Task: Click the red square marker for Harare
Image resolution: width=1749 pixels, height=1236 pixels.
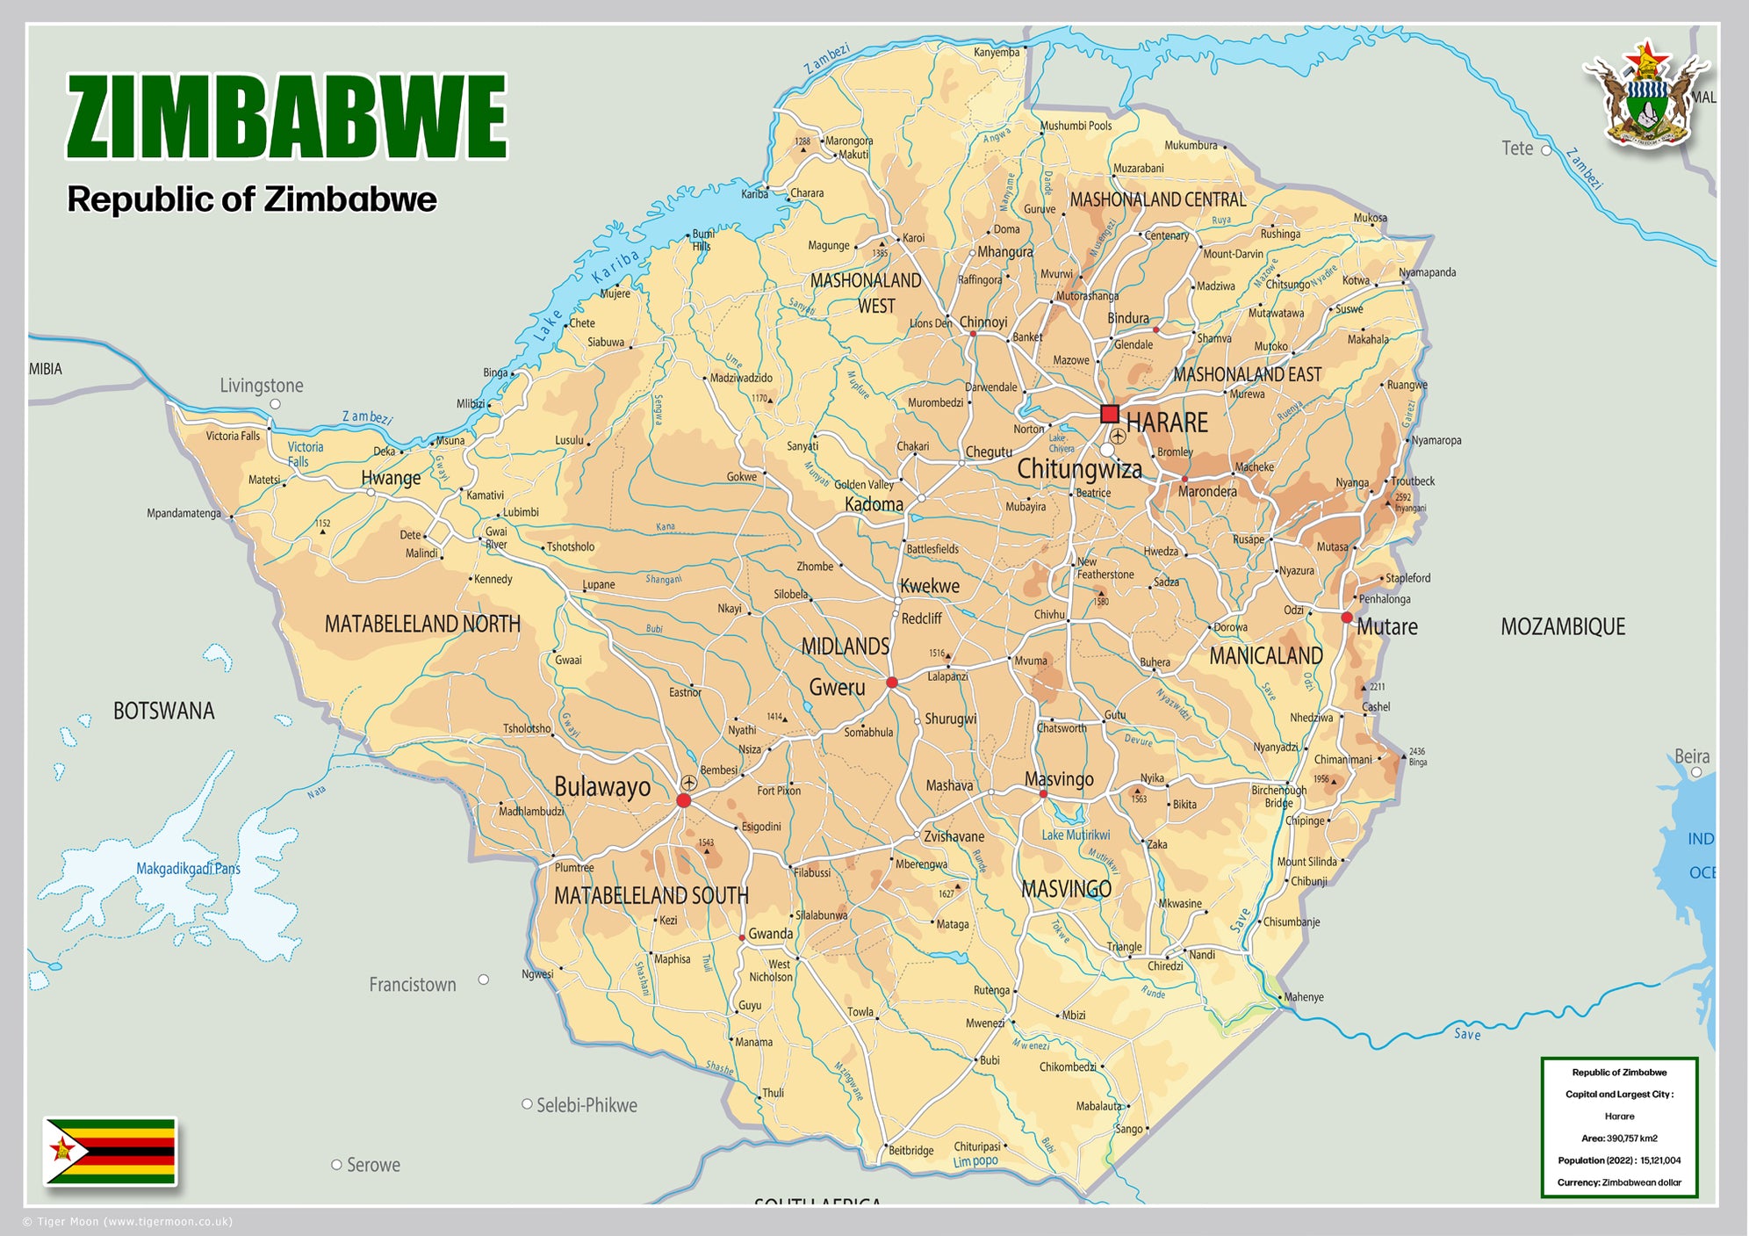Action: tap(1110, 414)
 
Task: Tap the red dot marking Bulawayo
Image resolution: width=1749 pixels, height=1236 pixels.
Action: tap(684, 800)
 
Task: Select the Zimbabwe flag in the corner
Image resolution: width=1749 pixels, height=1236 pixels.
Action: tap(111, 1151)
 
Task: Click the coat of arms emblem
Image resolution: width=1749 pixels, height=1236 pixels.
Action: tap(1645, 94)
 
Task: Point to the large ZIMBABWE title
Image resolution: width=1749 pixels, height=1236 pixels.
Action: tap(286, 117)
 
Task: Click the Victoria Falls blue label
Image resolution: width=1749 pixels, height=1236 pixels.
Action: tap(305, 453)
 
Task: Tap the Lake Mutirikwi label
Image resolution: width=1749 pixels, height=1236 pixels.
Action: tap(1076, 835)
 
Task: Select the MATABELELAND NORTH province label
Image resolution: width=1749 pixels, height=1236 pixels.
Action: tap(422, 624)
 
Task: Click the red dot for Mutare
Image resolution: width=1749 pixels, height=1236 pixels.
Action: tap(1347, 618)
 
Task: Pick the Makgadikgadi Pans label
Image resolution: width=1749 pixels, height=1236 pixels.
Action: tap(188, 869)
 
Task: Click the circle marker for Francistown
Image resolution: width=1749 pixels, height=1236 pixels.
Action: tap(484, 979)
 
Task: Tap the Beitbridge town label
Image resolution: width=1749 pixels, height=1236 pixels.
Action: tap(911, 1150)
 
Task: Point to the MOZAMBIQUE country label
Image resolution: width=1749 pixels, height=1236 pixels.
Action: tap(1562, 626)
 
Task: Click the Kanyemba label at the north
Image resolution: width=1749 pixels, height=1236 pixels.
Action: tap(997, 53)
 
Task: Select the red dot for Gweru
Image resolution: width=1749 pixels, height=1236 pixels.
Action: tap(892, 683)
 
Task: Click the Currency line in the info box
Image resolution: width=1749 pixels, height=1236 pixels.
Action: tap(1619, 1182)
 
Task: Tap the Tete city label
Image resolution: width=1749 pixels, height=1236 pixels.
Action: tap(1516, 148)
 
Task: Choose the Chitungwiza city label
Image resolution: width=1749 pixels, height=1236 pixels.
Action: tap(1079, 469)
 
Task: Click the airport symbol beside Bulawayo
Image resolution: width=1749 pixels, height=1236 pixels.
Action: tap(689, 782)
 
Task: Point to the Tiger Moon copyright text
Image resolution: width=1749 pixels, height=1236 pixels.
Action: tap(127, 1221)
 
